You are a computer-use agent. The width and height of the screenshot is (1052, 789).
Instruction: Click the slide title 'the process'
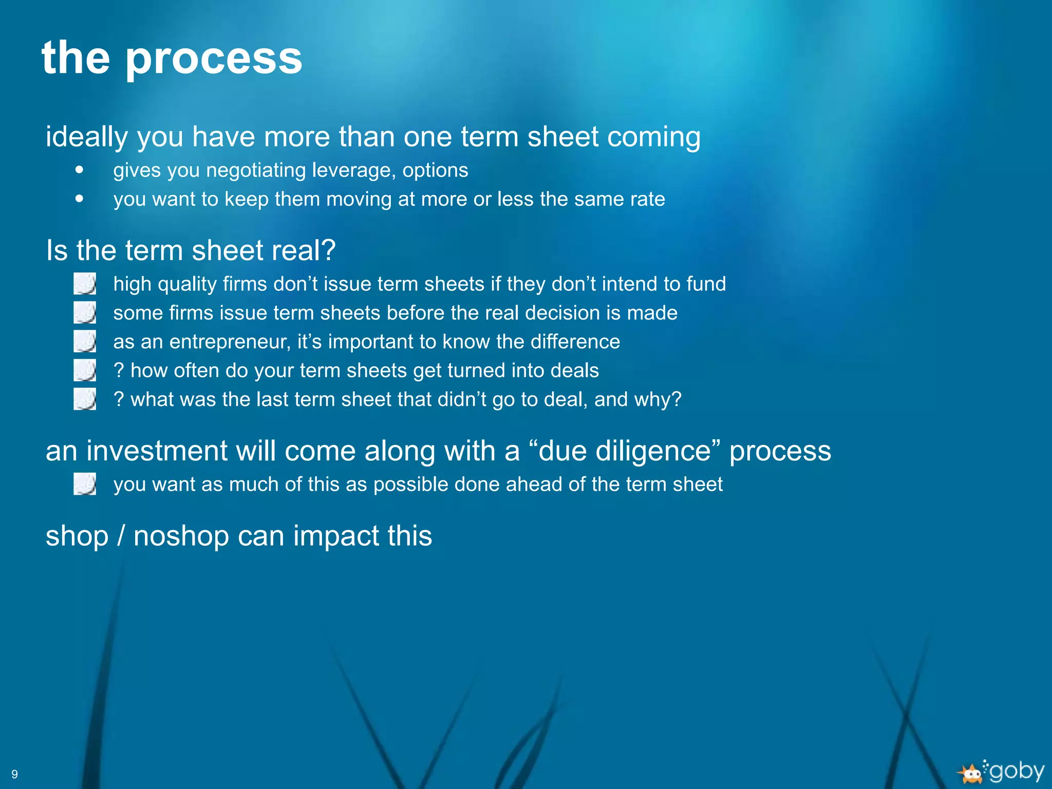pos(172,58)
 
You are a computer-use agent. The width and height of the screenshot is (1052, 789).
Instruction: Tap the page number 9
pos(14,774)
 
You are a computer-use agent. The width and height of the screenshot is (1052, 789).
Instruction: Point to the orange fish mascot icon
pos(970,774)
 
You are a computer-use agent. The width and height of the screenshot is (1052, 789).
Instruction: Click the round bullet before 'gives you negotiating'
pos(79,170)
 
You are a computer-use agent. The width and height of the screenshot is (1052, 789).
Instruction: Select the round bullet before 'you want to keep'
pos(79,198)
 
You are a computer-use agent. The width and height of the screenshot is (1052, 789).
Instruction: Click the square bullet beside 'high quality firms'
pos(85,284)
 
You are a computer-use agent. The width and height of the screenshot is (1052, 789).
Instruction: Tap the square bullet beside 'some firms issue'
pos(85,312)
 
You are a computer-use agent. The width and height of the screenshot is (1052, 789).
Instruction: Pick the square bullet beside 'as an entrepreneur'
pos(85,341)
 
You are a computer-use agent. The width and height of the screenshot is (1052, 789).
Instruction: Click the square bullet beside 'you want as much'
pos(85,484)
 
